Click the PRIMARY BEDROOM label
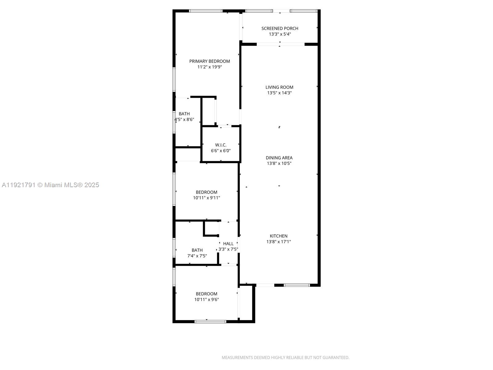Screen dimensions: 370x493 210,61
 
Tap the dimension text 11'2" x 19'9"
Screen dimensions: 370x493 210,67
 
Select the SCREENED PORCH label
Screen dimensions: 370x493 280,28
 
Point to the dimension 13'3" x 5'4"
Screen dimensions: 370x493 280,34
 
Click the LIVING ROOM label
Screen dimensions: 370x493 279,87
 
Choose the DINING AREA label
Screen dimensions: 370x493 279,158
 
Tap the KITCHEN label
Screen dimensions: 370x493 279,236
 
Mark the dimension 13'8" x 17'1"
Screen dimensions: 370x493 279,242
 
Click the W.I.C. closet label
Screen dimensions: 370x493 221,145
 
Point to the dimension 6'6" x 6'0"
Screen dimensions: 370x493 221,151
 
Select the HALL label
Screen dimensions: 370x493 228,244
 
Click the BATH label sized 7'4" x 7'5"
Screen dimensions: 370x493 197,250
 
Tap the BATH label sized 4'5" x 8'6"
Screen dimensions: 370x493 184,114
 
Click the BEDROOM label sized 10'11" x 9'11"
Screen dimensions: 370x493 206,192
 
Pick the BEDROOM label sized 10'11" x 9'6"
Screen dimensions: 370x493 206,294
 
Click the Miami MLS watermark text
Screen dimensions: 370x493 51,185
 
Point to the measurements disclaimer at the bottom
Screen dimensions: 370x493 285,358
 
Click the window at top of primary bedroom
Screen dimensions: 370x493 206,11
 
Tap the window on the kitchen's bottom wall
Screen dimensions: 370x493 297,285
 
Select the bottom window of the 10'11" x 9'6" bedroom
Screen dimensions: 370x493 210,322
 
